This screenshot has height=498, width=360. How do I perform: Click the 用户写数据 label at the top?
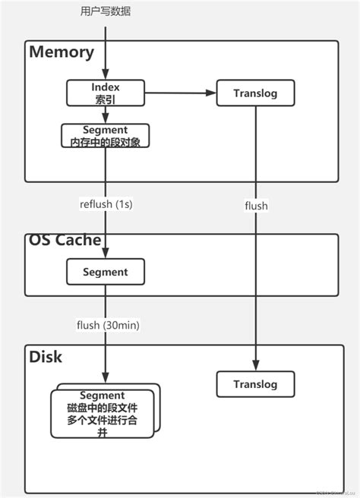coord(106,11)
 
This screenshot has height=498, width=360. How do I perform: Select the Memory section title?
coord(62,52)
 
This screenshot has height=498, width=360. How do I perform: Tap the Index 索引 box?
coord(106,93)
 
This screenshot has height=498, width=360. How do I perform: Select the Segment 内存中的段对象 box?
coord(105,136)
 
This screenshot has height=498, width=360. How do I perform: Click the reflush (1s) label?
coord(106,204)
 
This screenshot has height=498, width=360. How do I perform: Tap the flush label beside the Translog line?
coord(256,205)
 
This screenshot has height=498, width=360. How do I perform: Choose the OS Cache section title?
coord(65,240)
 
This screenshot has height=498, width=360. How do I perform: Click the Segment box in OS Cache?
coord(105,272)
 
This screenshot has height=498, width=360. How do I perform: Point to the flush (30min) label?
coord(108,325)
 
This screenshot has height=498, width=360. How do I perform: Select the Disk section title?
coord(46,356)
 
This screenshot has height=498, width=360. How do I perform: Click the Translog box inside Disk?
coord(256,383)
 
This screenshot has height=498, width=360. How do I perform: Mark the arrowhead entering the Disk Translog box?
coord(256,367)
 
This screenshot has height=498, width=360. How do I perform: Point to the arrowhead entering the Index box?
coord(106,77)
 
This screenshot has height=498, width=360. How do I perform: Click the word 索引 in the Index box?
coord(106,99)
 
